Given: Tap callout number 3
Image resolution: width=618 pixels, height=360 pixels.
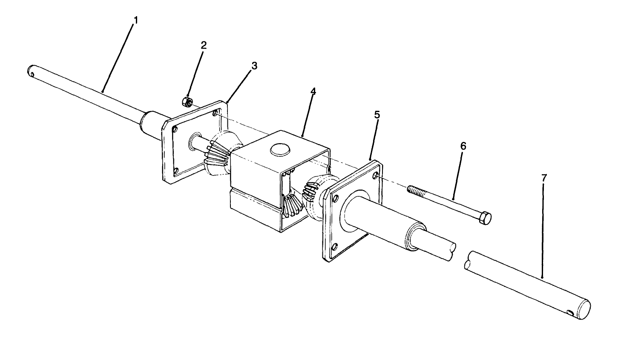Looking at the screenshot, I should click(x=254, y=66).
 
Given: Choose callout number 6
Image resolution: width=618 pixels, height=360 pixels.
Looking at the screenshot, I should click(x=463, y=147).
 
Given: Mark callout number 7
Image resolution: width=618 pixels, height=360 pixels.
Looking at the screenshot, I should click(x=544, y=179).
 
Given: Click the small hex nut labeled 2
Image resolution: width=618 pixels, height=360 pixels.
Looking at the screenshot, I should click(x=186, y=101).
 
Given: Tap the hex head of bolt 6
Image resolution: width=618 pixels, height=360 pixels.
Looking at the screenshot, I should click(x=485, y=218).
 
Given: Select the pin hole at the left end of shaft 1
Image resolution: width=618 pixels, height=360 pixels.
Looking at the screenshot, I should click(x=32, y=75).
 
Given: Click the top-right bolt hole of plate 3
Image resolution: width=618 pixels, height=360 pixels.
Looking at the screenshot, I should click(x=215, y=112).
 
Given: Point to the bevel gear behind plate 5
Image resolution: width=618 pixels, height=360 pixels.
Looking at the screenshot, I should click(x=314, y=191).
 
